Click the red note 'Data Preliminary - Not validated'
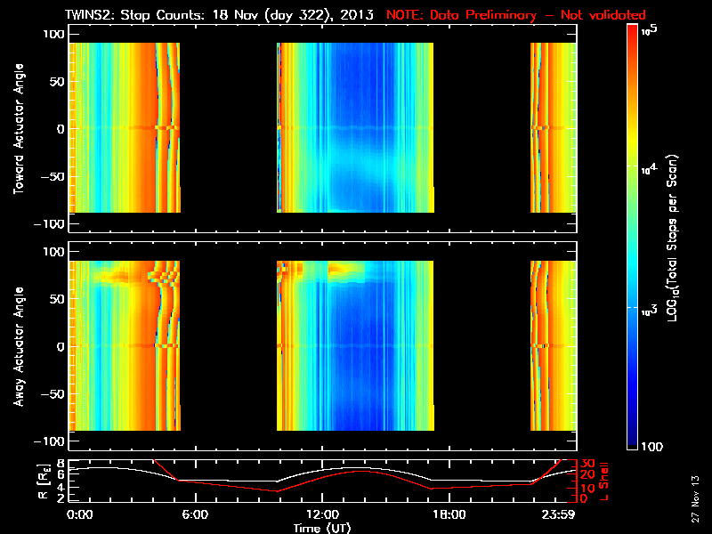(516, 15)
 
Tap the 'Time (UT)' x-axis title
(323, 528)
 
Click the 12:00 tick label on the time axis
(322, 514)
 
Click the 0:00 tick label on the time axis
(79, 514)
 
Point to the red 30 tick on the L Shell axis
(587, 464)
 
